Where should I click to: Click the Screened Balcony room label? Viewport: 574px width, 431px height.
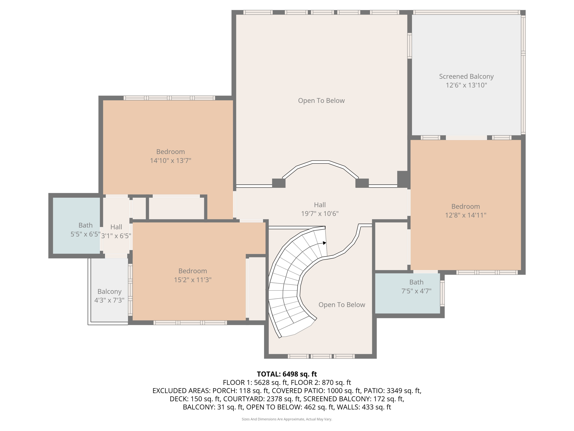click(x=466, y=76)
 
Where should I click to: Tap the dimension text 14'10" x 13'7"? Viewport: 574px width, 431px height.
click(x=170, y=161)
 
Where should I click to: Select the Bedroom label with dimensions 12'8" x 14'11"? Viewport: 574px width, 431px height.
click(x=466, y=206)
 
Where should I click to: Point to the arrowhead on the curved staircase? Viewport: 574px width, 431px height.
click(x=324, y=243)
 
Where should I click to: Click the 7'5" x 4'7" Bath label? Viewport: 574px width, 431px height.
click(x=416, y=282)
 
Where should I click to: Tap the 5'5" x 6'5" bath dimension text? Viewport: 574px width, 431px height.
click(x=85, y=234)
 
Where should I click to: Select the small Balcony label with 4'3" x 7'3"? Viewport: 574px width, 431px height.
click(x=109, y=292)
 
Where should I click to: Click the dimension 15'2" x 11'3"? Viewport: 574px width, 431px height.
click(x=192, y=280)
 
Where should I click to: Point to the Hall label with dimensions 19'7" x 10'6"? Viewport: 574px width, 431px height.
click(x=320, y=205)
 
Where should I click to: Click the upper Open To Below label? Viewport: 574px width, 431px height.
click(x=321, y=101)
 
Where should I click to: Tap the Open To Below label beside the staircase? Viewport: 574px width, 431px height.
click(x=342, y=305)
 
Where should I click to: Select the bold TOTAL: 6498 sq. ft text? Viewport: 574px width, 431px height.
click(x=287, y=374)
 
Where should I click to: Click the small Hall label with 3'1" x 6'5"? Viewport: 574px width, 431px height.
click(x=116, y=227)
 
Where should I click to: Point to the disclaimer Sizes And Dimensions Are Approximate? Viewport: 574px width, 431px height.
click(x=287, y=419)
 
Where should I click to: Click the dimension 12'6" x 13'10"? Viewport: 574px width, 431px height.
click(x=466, y=85)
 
